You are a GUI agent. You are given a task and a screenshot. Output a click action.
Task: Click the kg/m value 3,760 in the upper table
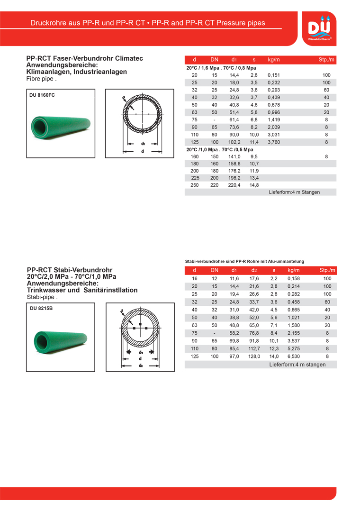[x=274, y=142]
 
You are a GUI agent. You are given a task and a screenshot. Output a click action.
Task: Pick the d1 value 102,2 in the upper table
[x=234, y=142]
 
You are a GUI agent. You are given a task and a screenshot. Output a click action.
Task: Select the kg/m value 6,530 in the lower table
[x=294, y=356]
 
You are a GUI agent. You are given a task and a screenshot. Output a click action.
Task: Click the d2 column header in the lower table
[x=254, y=271]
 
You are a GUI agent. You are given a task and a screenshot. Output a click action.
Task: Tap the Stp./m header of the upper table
[x=326, y=60]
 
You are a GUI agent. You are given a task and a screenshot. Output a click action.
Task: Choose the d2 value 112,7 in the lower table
[x=254, y=348]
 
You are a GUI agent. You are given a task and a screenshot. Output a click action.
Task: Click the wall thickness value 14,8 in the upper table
[x=254, y=185]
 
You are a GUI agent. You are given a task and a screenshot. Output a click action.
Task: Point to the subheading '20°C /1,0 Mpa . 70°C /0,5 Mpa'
[x=220, y=149]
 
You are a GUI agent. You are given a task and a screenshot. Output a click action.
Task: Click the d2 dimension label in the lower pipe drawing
[x=141, y=365]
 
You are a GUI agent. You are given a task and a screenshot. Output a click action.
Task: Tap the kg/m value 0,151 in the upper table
[x=274, y=75]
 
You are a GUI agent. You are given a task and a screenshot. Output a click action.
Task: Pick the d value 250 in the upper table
[x=195, y=185]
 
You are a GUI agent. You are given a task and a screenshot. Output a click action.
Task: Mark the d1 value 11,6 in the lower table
[x=234, y=279]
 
